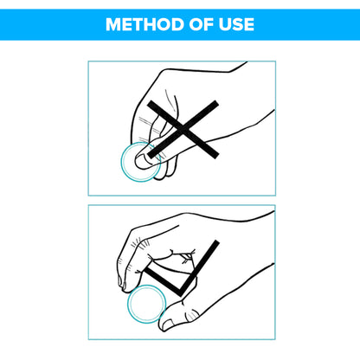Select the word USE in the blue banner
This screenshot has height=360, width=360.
pyautogui.click(x=236, y=24)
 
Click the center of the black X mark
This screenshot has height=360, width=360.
pyautogui.click(x=183, y=130)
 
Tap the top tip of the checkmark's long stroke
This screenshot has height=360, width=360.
pyautogui.click(x=217, y=242)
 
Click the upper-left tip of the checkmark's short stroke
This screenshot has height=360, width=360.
pyautogui.click(x=145, y=270)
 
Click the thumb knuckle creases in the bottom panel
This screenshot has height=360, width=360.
pyautogui.click(x=191, y=315)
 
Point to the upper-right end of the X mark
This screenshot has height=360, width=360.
pyautogui.click(x=215, y=103)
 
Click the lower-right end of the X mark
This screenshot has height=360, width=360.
pyautogui.click(x=216, y=156)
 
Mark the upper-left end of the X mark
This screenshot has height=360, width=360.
pyautogui.click(x=150, y=104)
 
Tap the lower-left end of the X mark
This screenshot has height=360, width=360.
pyautogui.click(x=150, y=156)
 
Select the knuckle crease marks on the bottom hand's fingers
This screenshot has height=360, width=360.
pyautogui.click(x=139, y=243)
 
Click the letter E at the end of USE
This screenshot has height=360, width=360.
pyautogui.click(x=248, y=24)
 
